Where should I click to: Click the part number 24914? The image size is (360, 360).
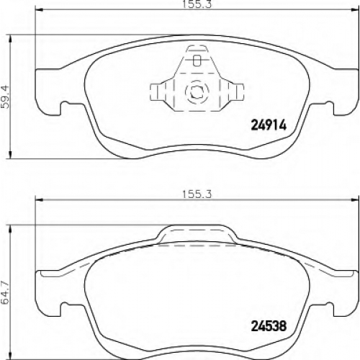point(269,125)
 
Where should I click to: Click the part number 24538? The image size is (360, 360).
point(269,326)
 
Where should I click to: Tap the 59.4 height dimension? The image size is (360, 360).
point(5,96)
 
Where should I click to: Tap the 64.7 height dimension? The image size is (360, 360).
point(5,292)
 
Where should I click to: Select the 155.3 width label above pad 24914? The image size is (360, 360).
point(197,4)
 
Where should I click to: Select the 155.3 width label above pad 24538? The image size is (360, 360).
point(197,194)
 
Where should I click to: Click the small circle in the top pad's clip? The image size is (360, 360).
point(197,91)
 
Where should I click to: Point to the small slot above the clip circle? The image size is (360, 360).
point(197,60)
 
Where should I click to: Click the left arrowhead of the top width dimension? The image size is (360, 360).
point(39,10)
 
